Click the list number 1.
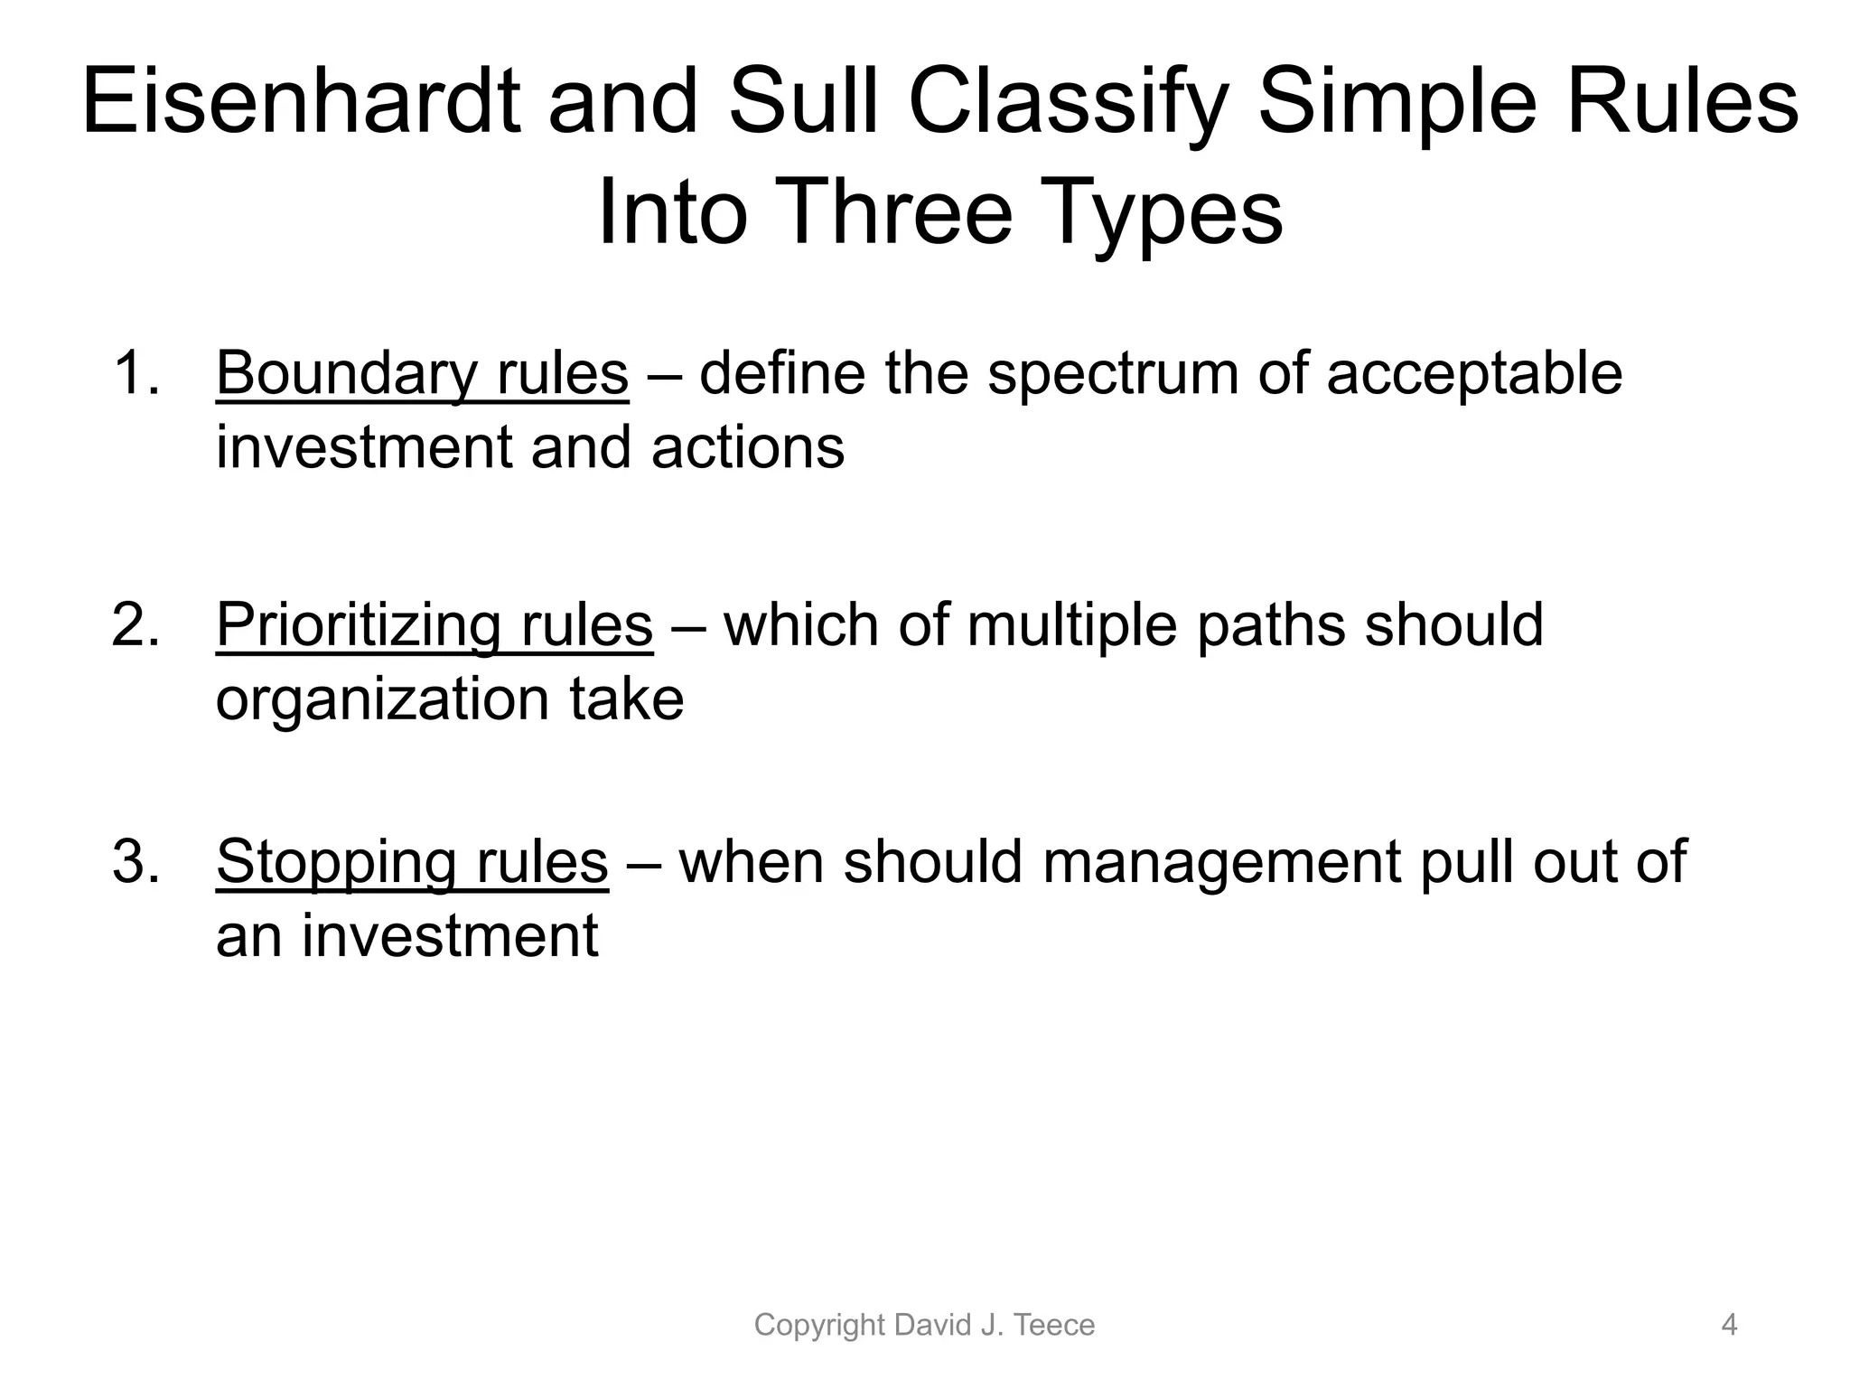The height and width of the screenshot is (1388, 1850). point(135,373)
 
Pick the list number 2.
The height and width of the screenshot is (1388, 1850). point(135,624)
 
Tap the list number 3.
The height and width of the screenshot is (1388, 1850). point(135,861)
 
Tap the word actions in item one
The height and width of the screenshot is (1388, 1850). point(748,447)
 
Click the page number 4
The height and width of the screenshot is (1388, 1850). point(1729,1325)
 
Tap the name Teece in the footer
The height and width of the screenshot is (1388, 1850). point(1054,1325)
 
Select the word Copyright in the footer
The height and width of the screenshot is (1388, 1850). point(818,1326)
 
